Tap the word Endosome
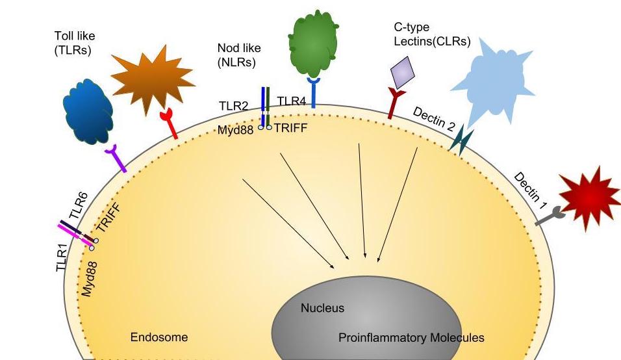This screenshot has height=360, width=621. pos(159,337)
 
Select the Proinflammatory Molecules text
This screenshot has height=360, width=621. pos(411,338)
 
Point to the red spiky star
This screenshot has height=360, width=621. pos(590,198)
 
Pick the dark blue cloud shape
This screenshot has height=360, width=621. pos(89,113)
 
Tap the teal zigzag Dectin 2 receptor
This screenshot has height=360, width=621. pos(462,139)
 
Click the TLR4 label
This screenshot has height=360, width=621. pos(292,101)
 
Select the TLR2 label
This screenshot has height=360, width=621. pos(234,105)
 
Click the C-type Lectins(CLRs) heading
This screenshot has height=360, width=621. pos(432,35)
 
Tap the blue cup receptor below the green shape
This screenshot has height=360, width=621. pos(314,92)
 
